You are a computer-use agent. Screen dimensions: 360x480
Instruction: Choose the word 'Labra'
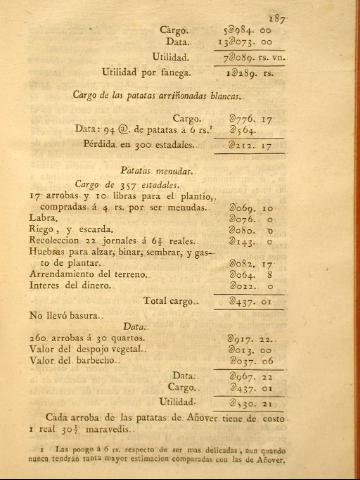click(x=45, y=218)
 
